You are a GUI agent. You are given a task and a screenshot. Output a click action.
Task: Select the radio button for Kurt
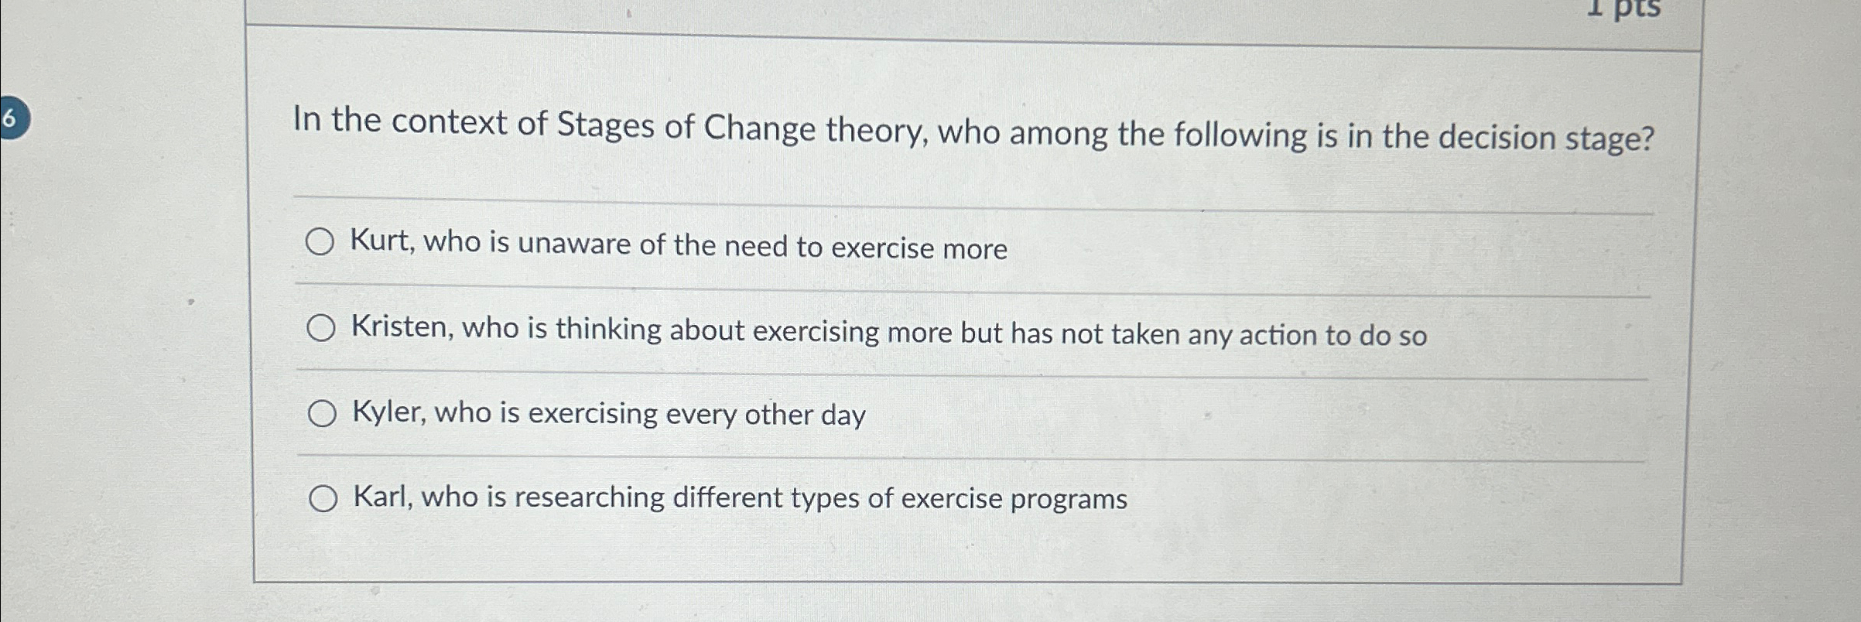320,242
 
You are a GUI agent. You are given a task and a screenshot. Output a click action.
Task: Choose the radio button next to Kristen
320,328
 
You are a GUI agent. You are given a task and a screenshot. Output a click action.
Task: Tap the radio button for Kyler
322,414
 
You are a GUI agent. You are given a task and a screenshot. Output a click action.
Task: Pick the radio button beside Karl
323,499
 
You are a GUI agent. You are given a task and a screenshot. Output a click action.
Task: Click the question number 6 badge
11,119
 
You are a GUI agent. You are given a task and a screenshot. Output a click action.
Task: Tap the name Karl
383,497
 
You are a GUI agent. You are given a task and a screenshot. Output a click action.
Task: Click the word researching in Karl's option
589,497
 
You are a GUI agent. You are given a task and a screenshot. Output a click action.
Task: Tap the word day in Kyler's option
843,415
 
